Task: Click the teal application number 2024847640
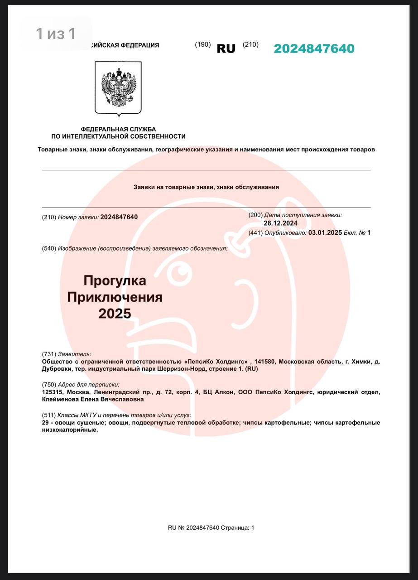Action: (x=314, y=49)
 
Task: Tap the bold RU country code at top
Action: (x=226, y=49)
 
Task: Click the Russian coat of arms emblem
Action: (x=118, y=88)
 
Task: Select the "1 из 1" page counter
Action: (x=56, y=33)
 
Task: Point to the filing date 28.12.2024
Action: (x=280, y=223)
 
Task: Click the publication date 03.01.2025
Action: (x=325, y=233)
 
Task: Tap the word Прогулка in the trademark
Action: (x=115, y=281)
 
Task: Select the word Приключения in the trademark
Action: (x=115, y=297)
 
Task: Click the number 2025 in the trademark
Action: (x=115, y=314)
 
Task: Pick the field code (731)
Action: (x=49, y=354)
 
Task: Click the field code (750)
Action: (x=49, y=384)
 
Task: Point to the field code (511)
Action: (x=49, y=415)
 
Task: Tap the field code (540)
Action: (x=49, y=248)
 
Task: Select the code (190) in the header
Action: (x=203, y=44)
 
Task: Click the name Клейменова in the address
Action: (x=60, y=400)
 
